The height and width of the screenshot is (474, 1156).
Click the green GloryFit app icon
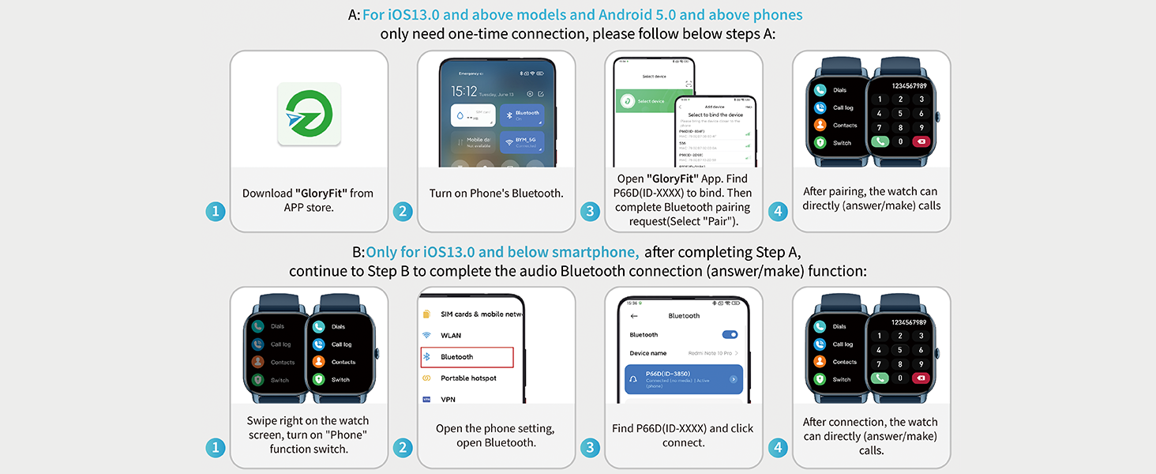click(x=309, y=114)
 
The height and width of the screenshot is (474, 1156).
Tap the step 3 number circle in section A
click(x=590, y=211)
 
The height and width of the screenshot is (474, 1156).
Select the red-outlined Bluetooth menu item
click(x=467, y=357)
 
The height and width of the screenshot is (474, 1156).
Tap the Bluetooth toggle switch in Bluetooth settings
click(x=730, y=334)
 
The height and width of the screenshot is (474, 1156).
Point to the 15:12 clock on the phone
click(x=464, y=92)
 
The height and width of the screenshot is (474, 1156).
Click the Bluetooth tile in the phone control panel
click(x=522, y=115)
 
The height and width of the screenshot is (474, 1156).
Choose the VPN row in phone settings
click(x=448, y=399)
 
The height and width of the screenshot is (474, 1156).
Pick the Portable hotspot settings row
click(x=468, y=378)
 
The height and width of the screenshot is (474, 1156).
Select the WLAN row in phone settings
click(x=451, y=336)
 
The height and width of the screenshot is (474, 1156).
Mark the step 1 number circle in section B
click(x=216, y=448)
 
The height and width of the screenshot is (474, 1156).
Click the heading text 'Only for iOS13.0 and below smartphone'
click(x=502, y=252)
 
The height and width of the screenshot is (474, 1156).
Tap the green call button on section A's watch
click(x=880, y=141)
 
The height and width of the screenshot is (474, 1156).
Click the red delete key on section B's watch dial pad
click(x=921, y=378)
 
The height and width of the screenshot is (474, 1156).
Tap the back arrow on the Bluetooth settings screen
click(x=633, y=316)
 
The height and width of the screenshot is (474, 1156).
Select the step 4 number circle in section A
click(x=779, y=211)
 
